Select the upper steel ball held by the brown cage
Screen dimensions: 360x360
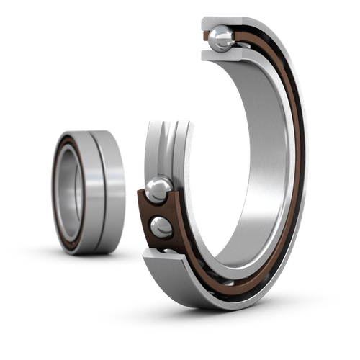158,189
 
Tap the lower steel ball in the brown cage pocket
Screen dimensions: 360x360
161,227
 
